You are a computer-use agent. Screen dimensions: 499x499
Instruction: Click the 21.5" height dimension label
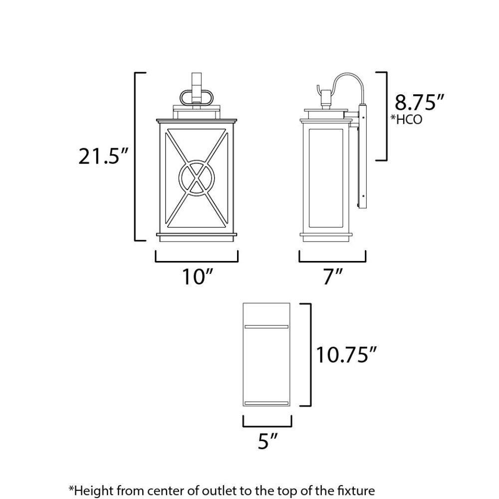(x=103, y=157)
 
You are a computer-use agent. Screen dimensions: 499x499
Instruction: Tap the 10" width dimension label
(x=197, y=276)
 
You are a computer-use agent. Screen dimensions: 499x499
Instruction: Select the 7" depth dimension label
(x=333, y=276)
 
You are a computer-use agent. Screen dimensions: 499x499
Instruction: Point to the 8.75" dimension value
(x=419, y=102)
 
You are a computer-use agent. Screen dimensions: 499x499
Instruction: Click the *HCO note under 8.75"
(x=406, y=119)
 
